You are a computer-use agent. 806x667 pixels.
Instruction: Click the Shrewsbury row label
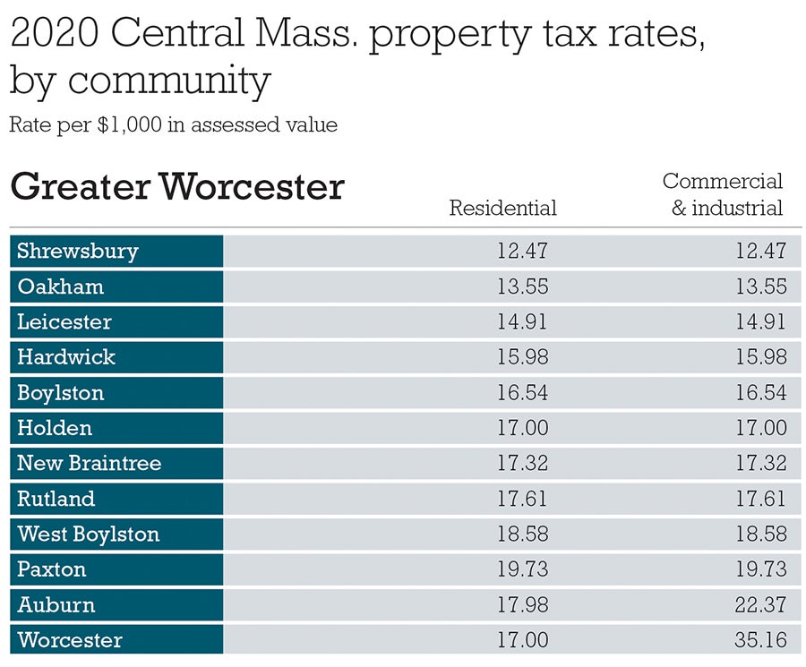click(78, 251)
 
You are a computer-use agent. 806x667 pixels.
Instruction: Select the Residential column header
click(502, 208)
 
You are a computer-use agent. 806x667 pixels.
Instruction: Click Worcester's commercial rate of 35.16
click(761, 640)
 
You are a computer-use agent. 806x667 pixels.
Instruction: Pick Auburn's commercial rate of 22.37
click(761, 605)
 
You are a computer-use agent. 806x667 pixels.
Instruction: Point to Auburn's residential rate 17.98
click(522, 605)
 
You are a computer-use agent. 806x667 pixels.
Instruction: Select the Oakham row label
click(61, 286)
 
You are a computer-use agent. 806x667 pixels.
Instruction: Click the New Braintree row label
click(90, 463)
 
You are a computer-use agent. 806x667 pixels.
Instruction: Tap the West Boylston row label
click(88, 534)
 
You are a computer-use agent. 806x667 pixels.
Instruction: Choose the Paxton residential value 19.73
click(522, 569)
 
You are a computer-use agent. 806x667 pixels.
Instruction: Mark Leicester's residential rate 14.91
click(522, 321)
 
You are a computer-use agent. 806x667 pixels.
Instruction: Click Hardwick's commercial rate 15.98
click(761, 357)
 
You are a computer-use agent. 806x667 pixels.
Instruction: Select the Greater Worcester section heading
click(176, 187)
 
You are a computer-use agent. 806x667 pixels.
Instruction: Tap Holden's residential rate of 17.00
click(522, 428)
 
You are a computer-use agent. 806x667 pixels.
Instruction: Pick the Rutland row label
click(56, 499)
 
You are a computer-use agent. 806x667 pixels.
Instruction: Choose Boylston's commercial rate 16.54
click(761, 392)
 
